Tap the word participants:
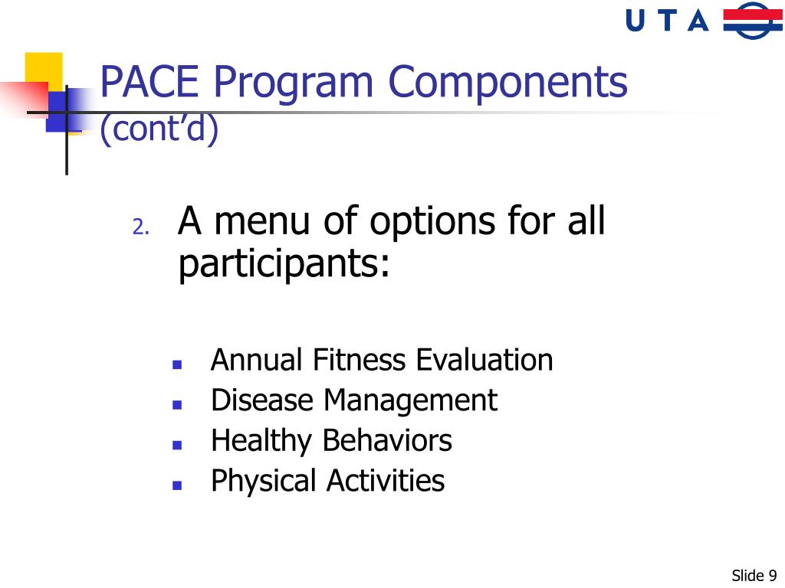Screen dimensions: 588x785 pos(284,265)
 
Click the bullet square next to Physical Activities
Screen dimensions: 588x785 pos(176,485)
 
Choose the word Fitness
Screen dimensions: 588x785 pos(360,359)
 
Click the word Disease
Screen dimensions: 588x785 pos(263,400)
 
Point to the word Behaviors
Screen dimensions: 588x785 pos(386,440)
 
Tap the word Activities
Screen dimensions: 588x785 pos(385,481)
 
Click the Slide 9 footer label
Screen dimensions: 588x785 pos(754,575)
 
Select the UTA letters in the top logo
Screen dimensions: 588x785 pos(667,21)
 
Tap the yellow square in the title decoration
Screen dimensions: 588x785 pos(43,69)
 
